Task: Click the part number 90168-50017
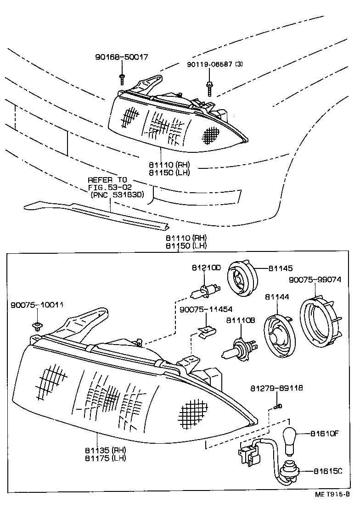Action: click(x=122, y=57)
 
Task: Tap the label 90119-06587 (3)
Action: click(x=215, y=64)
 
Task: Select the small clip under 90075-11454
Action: click(x=207, y=331)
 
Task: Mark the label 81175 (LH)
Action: click(x=105, y=457)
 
